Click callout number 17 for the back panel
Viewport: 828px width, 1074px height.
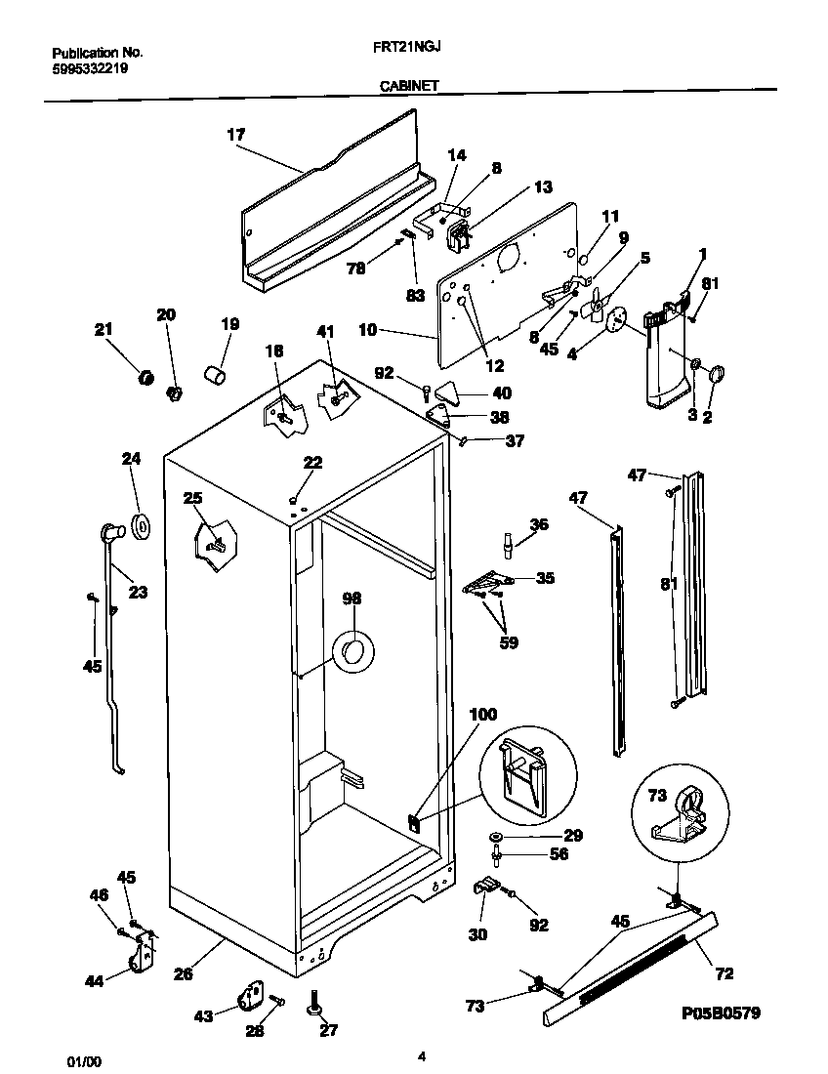[235, 135]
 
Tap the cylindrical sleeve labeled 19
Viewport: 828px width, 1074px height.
[214, 374]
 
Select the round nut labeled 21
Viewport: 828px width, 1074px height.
[145, 377]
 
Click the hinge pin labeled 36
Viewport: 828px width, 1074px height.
[508, 542]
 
